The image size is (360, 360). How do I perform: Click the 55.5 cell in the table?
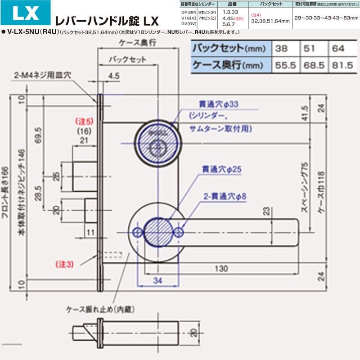[x=285, y=66]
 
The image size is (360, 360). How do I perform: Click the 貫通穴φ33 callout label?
[x=220, y=104]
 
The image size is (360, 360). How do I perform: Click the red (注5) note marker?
[x=84, y=121]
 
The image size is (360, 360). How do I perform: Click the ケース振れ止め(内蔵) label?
[x=100, y=310]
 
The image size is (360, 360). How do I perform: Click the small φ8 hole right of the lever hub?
[x=180, y=232]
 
